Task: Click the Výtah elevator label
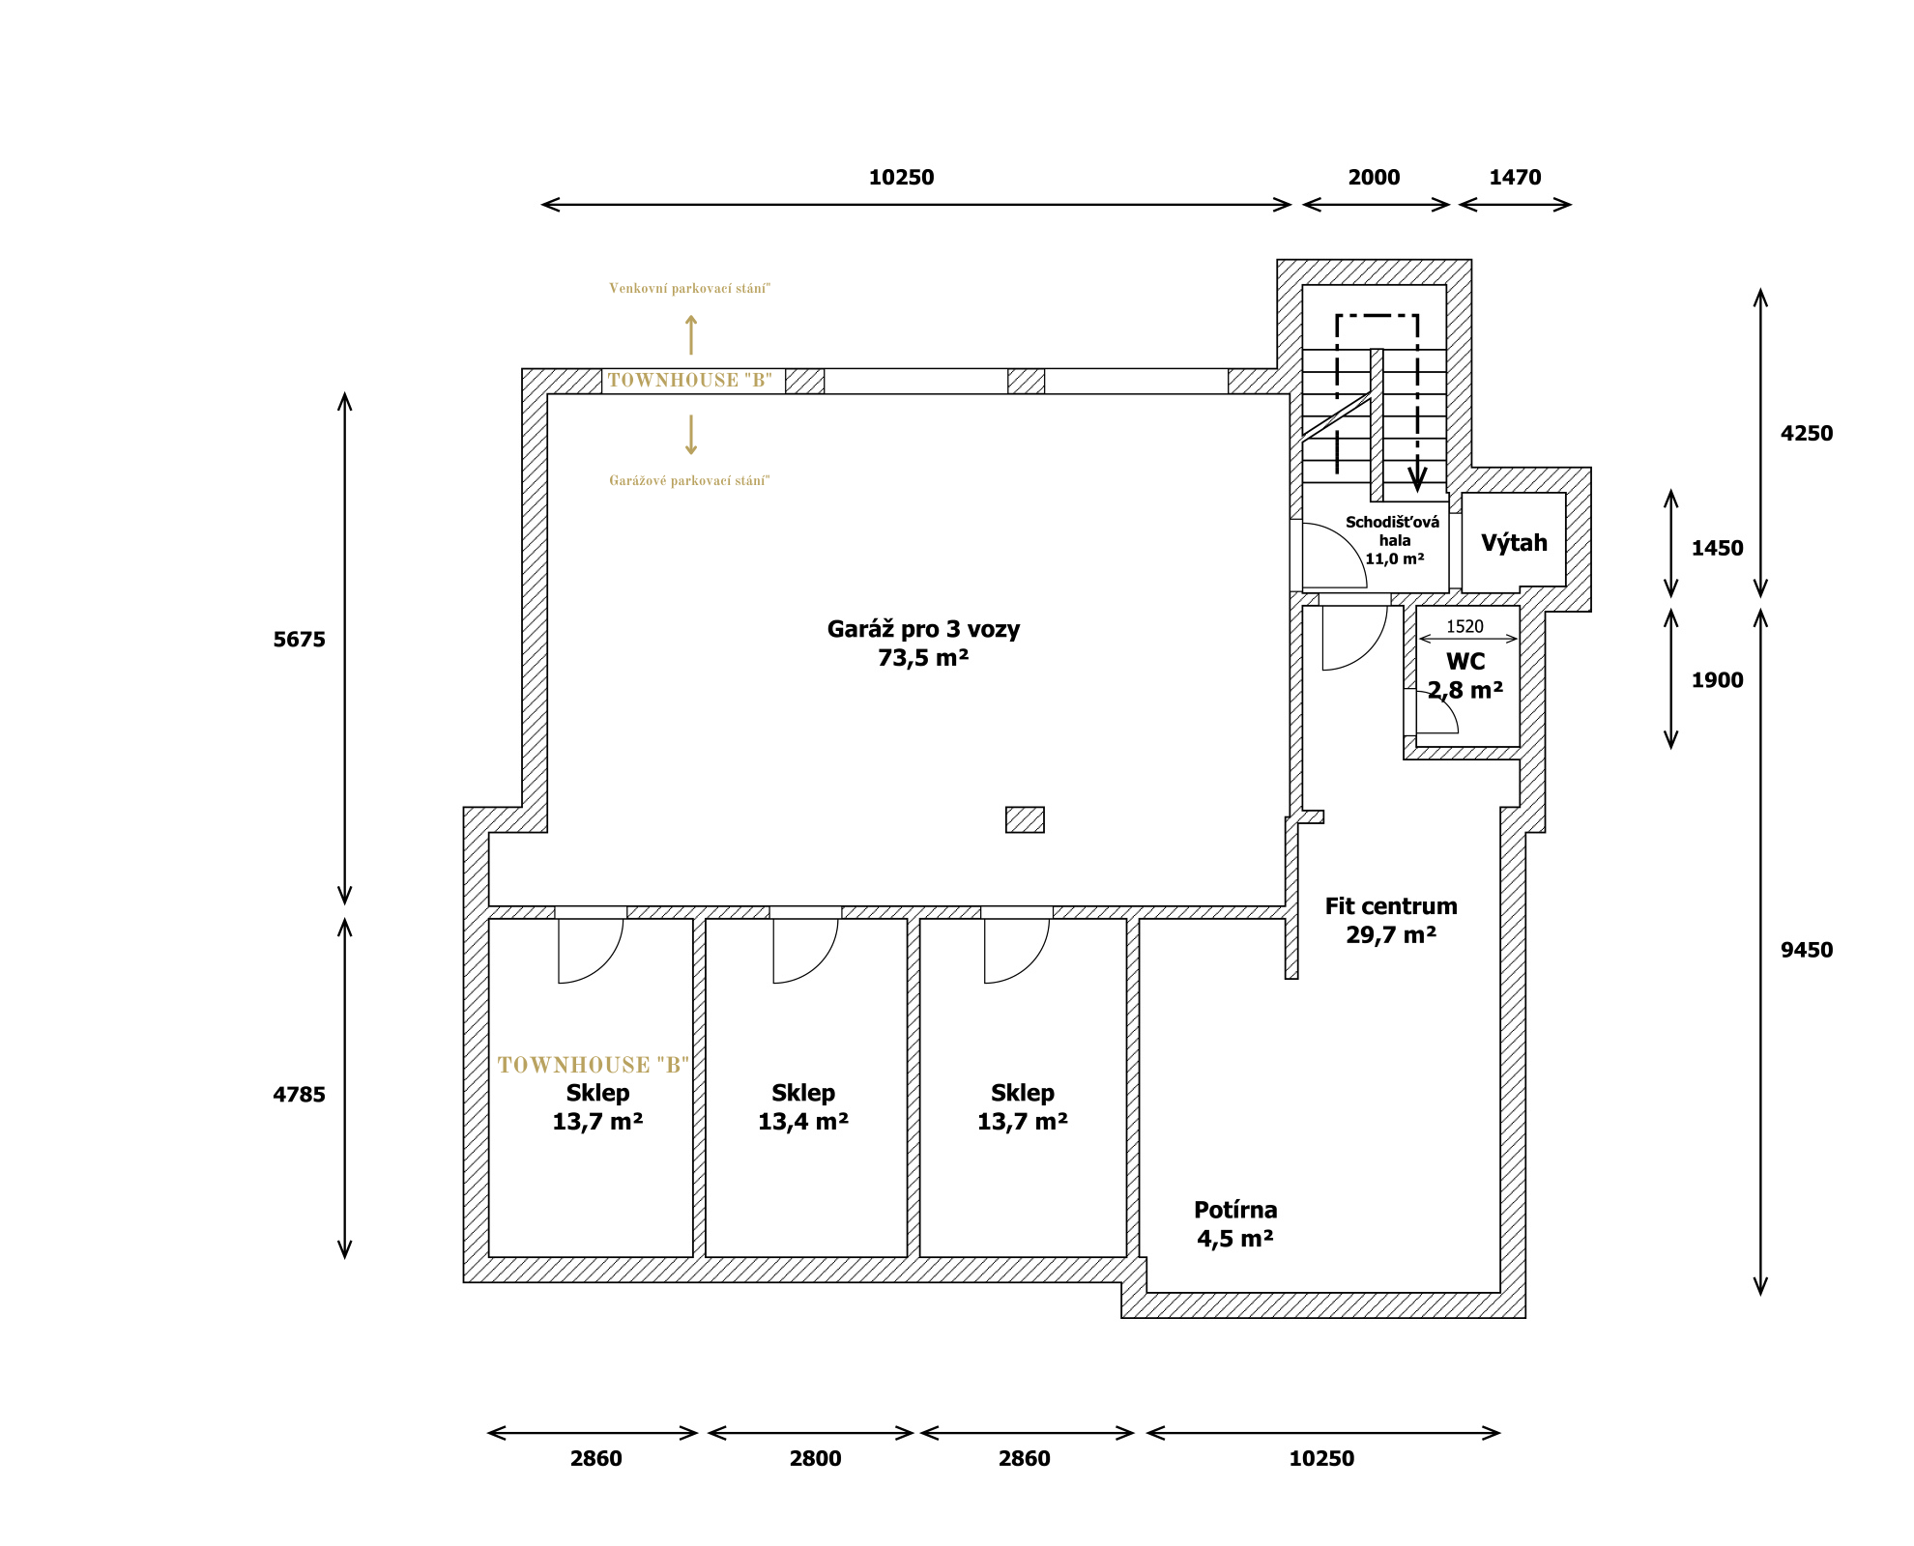click(1514, 543)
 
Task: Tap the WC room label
click(1465, 662)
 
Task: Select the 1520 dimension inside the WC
click(1464, 626)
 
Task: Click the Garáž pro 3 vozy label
click(923, 629)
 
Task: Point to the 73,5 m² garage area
click(923, 658)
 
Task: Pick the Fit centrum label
click(1391, 906)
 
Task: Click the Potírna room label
click(1235, 1210)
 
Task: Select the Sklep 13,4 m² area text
click(803, 1122)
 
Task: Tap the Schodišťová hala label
click(1393, 531)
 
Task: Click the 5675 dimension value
click(300, 640)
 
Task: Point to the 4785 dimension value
click(300, 1095)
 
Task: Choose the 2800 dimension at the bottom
click(815, 1458)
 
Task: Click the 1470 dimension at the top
click(1515, 177)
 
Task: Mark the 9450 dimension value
click(1807, 950)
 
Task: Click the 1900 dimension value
click(1717, 680)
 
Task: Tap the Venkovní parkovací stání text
click(689, 288)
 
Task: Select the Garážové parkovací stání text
click(689, 480)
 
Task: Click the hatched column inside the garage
click(1025, 819)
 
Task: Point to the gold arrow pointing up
click(691, 334)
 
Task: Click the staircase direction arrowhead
click(1417, 479)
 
